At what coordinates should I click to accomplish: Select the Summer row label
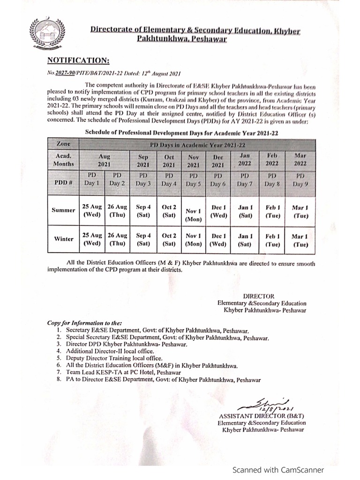63,210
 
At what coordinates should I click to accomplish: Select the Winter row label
63,239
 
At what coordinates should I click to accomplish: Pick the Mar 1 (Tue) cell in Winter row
300,240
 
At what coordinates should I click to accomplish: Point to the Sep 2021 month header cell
143,161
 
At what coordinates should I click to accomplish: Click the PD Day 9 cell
300,180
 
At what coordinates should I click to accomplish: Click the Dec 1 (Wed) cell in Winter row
218,240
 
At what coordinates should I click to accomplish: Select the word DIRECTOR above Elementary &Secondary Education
258,296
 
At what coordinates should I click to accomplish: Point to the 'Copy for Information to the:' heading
84,323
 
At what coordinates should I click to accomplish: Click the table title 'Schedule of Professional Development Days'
181,133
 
